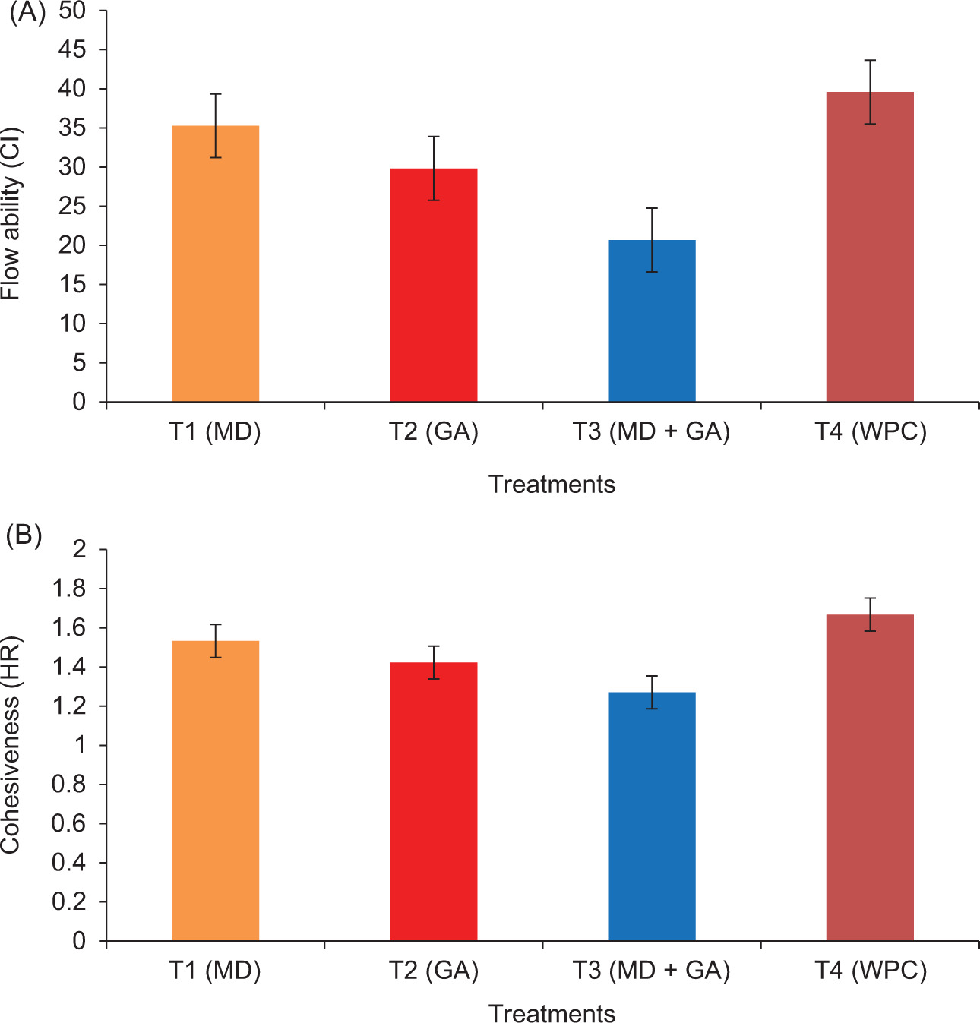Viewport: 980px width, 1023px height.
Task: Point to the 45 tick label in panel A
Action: click(72, 50)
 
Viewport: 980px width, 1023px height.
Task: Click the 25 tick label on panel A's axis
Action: click(72, 207)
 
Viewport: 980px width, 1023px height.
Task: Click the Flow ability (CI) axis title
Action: click(11, 214)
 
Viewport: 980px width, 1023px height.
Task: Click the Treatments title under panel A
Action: click(552, 485)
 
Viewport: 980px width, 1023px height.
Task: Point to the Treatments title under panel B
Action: click(552, 1012)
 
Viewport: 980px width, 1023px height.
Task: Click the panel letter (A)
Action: click(27, 14)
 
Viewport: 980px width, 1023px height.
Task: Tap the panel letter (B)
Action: click(24, 535)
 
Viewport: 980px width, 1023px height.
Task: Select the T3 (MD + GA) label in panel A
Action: click(651, 432)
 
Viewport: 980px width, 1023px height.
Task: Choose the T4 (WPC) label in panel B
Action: click(871, 971)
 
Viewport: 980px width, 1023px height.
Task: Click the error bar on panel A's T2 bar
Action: click(434, 168)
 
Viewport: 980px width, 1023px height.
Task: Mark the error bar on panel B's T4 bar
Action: click(870, 614)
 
